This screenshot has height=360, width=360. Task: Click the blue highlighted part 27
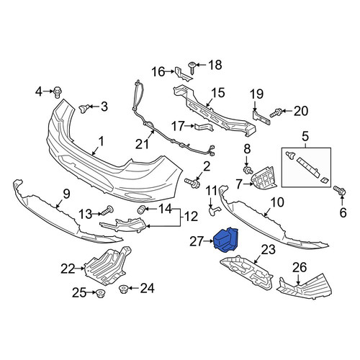pos(225,240)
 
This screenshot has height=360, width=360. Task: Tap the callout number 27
pos(197,242)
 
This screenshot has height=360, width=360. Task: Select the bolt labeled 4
pos(58,92)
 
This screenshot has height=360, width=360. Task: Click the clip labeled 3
pos(84,109)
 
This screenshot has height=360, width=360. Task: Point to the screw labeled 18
pos(192,68)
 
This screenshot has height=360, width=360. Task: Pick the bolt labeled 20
pos(276,113)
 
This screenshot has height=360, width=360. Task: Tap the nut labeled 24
pos(123,289)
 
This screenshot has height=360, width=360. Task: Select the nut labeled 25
pos(99,294)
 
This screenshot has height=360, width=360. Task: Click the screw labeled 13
pos(107,210)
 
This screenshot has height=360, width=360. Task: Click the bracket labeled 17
pos(204,127)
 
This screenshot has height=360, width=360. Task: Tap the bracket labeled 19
pos(261,118)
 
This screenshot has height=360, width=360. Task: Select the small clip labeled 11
pos(215,210)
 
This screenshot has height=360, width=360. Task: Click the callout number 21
pos(142,144)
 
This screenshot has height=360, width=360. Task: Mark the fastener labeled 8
pos(248,170)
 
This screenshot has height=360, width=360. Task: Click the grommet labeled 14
pos(141,210)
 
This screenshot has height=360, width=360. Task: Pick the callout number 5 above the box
pos(305,137)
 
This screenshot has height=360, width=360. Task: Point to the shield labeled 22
pos(107,266)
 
